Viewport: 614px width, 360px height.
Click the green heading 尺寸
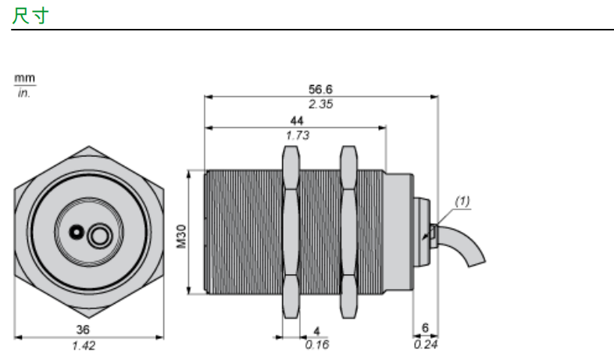(x=30, y=16)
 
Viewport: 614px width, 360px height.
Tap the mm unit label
(x=25, y=78)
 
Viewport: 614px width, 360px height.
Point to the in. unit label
(x=24, y=93)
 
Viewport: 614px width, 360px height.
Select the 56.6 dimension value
(x=320, y=89)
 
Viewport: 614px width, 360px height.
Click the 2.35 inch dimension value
(x=320, y=104)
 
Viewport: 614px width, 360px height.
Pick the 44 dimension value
(x=297, y=120)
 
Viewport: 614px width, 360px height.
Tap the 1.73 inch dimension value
(x=298, y=135)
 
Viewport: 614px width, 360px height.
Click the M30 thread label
(x=181, y=237)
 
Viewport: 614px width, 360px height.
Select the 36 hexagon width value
(x=83, y=330)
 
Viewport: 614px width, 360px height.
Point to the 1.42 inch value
(x=84, y=345)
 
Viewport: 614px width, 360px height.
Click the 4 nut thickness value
(x=316, y=331)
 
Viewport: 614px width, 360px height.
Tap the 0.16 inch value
(x=317, y=344)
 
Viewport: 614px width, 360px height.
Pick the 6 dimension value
(x=425, y=327)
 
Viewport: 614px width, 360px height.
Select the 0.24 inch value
(x=426, y=344)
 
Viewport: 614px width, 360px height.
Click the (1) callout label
(x=462, y=201)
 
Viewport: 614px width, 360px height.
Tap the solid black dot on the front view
(x=77, y=232)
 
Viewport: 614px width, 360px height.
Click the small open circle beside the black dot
(x=100, y=236)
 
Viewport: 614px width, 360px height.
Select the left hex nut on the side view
(x=291, y=232)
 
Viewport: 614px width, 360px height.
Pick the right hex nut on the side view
(x=348, y=232)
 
